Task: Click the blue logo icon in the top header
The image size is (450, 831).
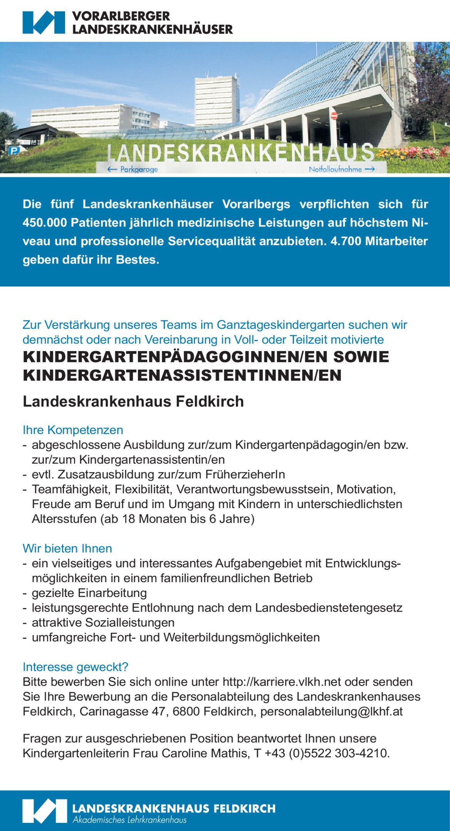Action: pos(44,22)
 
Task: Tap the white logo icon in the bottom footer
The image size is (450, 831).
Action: pos(44,811)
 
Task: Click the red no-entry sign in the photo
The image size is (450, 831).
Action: pos(334,115)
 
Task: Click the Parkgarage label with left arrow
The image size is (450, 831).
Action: pos(133,169)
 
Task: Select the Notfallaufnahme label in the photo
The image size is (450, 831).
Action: pos(341,169)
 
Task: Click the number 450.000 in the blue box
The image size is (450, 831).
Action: pos(45,223)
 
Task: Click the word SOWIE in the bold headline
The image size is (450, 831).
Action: pos(361,357)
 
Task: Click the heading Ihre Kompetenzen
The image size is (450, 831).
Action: pos(73,430)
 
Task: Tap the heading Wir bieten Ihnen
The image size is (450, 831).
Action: pos(67,548)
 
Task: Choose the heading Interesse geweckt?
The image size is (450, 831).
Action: pos(76,667)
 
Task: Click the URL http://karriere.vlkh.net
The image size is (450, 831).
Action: pos(282,682)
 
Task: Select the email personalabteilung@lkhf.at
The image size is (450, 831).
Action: pos(331,711)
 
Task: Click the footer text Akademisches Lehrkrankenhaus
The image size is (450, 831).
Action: pos(129,820)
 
